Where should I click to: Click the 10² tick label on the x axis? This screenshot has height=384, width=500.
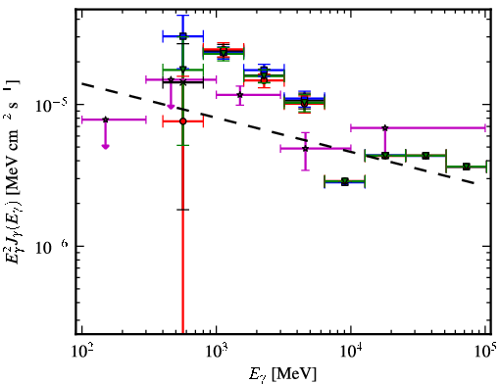tap(81, 351)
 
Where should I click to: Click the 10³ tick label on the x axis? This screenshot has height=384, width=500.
tap(216, 351)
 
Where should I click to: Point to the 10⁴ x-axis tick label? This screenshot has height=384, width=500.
tap(351, 351)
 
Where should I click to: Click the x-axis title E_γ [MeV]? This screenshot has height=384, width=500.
tap(282, 373)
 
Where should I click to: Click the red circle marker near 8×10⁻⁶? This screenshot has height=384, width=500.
tap(183, 121)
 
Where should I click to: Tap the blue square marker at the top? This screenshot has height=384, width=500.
tap(183, 36)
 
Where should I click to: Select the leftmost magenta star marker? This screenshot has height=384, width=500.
tap(105, 120)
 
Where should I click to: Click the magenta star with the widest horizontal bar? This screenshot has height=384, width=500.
tap(385, 127)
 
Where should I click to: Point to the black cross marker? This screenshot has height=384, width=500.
tap(183, 82)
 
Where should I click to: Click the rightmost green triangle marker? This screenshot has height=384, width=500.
tap(467, 167)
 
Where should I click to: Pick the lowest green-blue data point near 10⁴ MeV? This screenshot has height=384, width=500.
tap(345, 181)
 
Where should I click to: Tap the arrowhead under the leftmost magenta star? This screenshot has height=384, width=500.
tap(105, 147)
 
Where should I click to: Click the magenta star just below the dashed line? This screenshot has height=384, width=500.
tap(306, 149)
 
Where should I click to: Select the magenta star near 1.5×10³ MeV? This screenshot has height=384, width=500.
tap(240, 95)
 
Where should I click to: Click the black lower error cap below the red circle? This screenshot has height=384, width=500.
tap(183, 210)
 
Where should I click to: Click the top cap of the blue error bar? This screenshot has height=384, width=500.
tap(183, 15)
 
